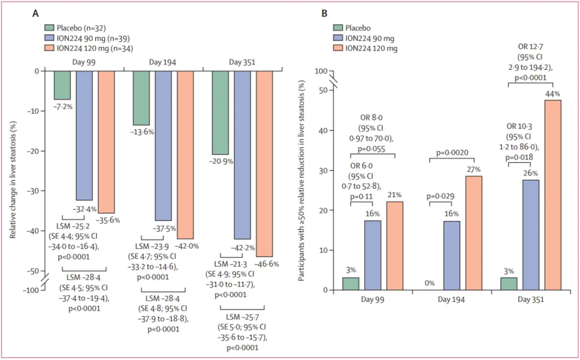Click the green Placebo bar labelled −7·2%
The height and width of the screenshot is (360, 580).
pos(62,85)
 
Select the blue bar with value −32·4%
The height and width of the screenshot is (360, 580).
pos(84,135)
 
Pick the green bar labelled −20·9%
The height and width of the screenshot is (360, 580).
pos(220,112)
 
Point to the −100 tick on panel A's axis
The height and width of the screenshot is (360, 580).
pos(33,290)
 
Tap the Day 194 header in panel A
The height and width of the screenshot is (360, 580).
pos(163,62)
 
